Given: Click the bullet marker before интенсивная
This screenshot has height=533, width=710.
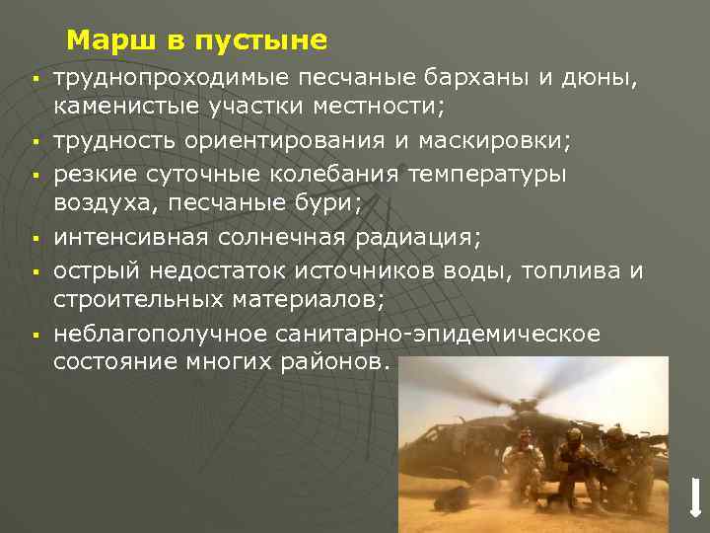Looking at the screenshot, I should (33, 239).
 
